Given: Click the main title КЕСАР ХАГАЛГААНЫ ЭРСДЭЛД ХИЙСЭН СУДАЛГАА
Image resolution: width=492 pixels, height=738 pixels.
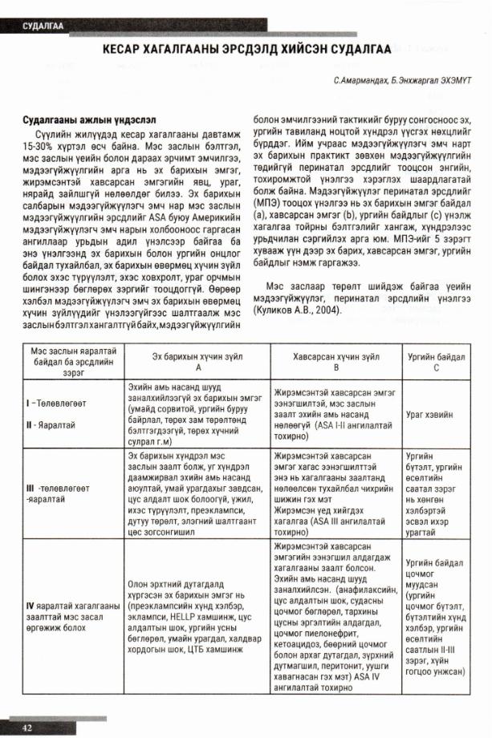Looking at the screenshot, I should click(246, 50).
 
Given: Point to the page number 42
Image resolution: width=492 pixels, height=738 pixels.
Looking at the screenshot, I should click(27, 727).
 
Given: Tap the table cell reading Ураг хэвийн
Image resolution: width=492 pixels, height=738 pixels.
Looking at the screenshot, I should click(430, 416).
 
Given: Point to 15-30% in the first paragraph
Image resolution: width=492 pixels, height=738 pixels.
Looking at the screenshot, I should click(38, 148).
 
